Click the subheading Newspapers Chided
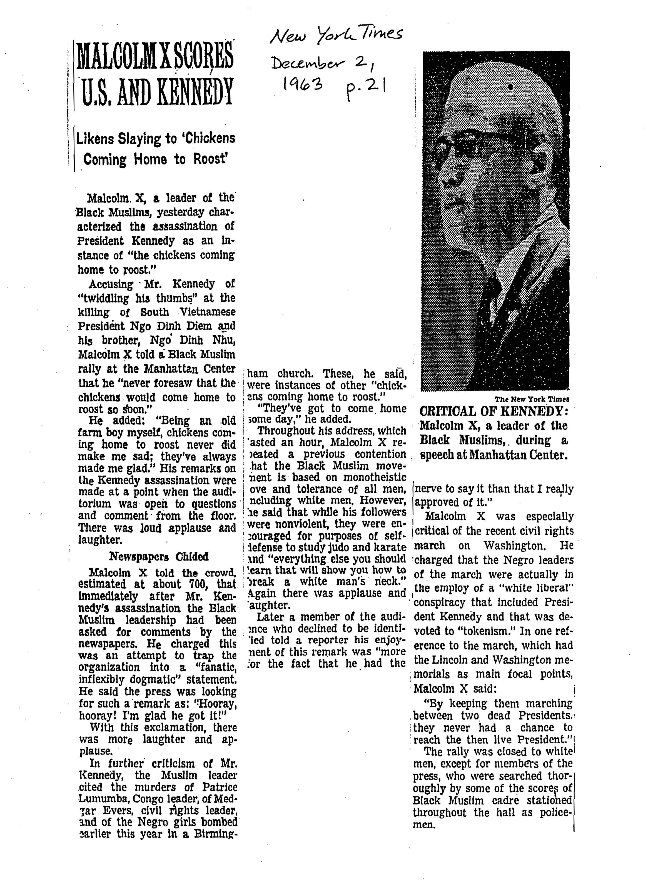(x=158, y=556)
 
